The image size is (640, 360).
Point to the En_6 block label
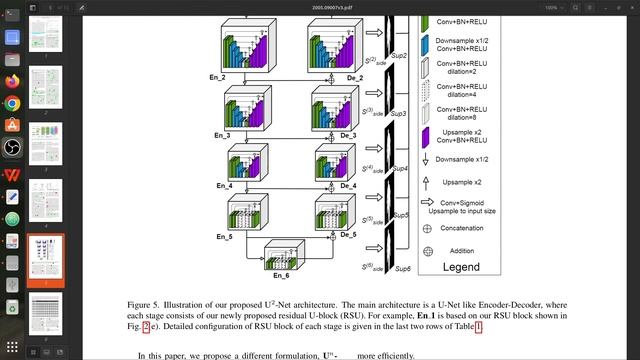(x=282, y=275)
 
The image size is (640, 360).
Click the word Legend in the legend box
(x=469, y=267)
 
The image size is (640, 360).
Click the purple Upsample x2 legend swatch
(x=428, y=136)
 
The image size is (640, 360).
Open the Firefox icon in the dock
(x=12, y=81)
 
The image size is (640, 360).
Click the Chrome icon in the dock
(x=12, y=103)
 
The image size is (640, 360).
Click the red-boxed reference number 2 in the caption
(x=146, y=326)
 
